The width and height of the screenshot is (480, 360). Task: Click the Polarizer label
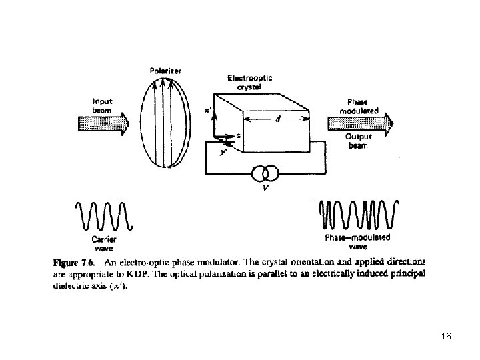point(166,71)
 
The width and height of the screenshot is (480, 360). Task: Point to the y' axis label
point(223,153)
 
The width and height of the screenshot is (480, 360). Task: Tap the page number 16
point(446,335)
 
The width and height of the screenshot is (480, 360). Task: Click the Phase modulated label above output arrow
point(359,107)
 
